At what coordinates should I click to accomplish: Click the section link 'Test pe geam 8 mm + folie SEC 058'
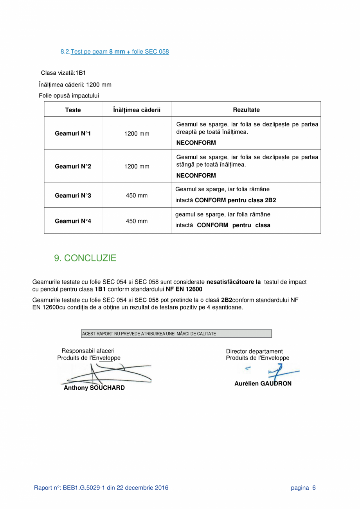(119, 52)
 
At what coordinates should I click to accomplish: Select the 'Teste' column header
(73, 110)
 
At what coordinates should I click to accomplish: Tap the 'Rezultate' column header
(246, 110)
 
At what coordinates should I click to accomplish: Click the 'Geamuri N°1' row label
(73, 134)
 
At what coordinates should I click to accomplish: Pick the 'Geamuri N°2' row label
(73, 167)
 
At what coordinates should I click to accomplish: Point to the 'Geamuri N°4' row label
(73, 221)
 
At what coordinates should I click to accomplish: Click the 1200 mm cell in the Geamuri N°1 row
(137, 134)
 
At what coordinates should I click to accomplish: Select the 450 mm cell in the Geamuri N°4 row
(137, 221)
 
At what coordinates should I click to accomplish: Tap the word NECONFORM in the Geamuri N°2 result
(196, 176)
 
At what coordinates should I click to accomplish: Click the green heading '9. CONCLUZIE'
(85, 258)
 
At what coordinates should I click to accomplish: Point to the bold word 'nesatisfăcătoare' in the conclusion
(230, 282)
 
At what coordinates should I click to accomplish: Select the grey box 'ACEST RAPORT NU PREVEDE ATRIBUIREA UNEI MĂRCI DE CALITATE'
(176, 334)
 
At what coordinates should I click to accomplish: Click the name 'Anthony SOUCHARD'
(94, 388)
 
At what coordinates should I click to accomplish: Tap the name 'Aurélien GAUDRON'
(263, 383)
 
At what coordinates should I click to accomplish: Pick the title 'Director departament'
(254, 351)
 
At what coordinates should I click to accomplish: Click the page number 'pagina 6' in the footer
(303, 487)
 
